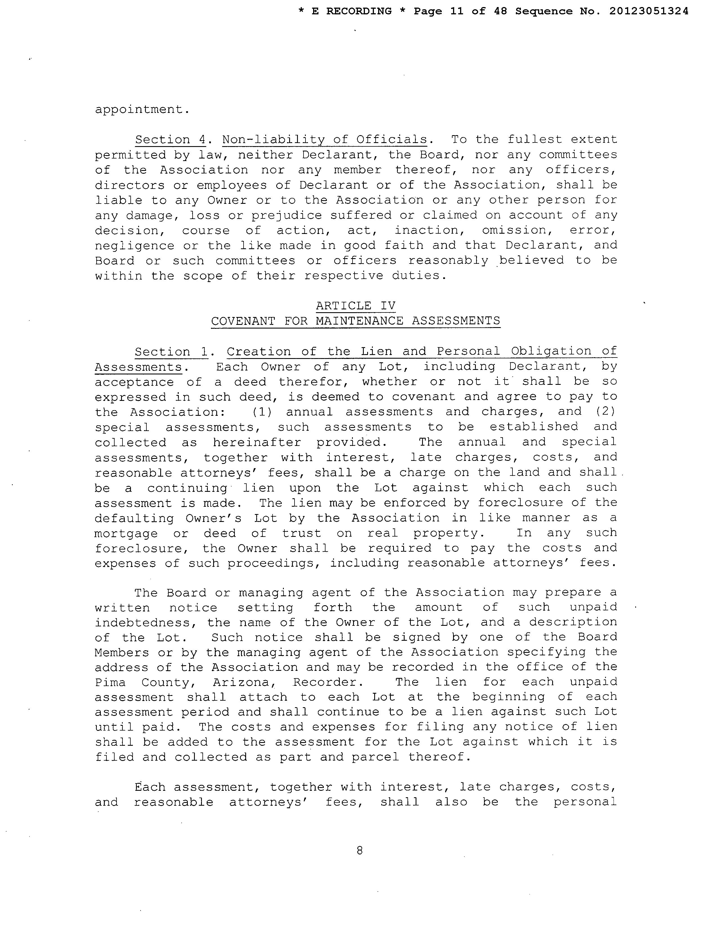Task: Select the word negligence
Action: pos(134,246)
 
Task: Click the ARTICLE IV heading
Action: pos(356,306)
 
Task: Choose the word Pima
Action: pos(110,683)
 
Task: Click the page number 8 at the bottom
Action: pos(360,851)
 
